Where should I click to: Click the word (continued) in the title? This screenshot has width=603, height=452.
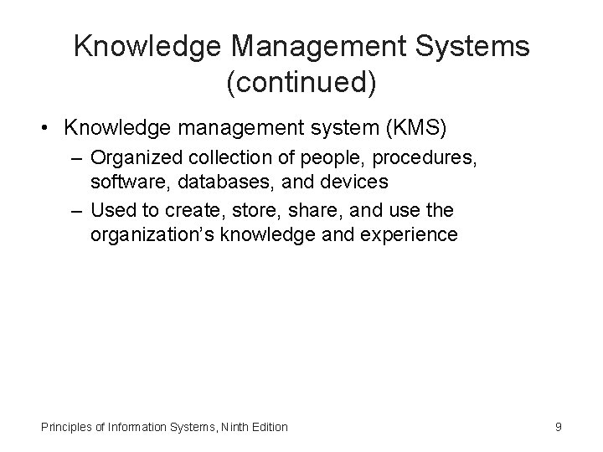pos(301,82)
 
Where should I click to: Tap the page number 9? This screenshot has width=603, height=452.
pos(558,427)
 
